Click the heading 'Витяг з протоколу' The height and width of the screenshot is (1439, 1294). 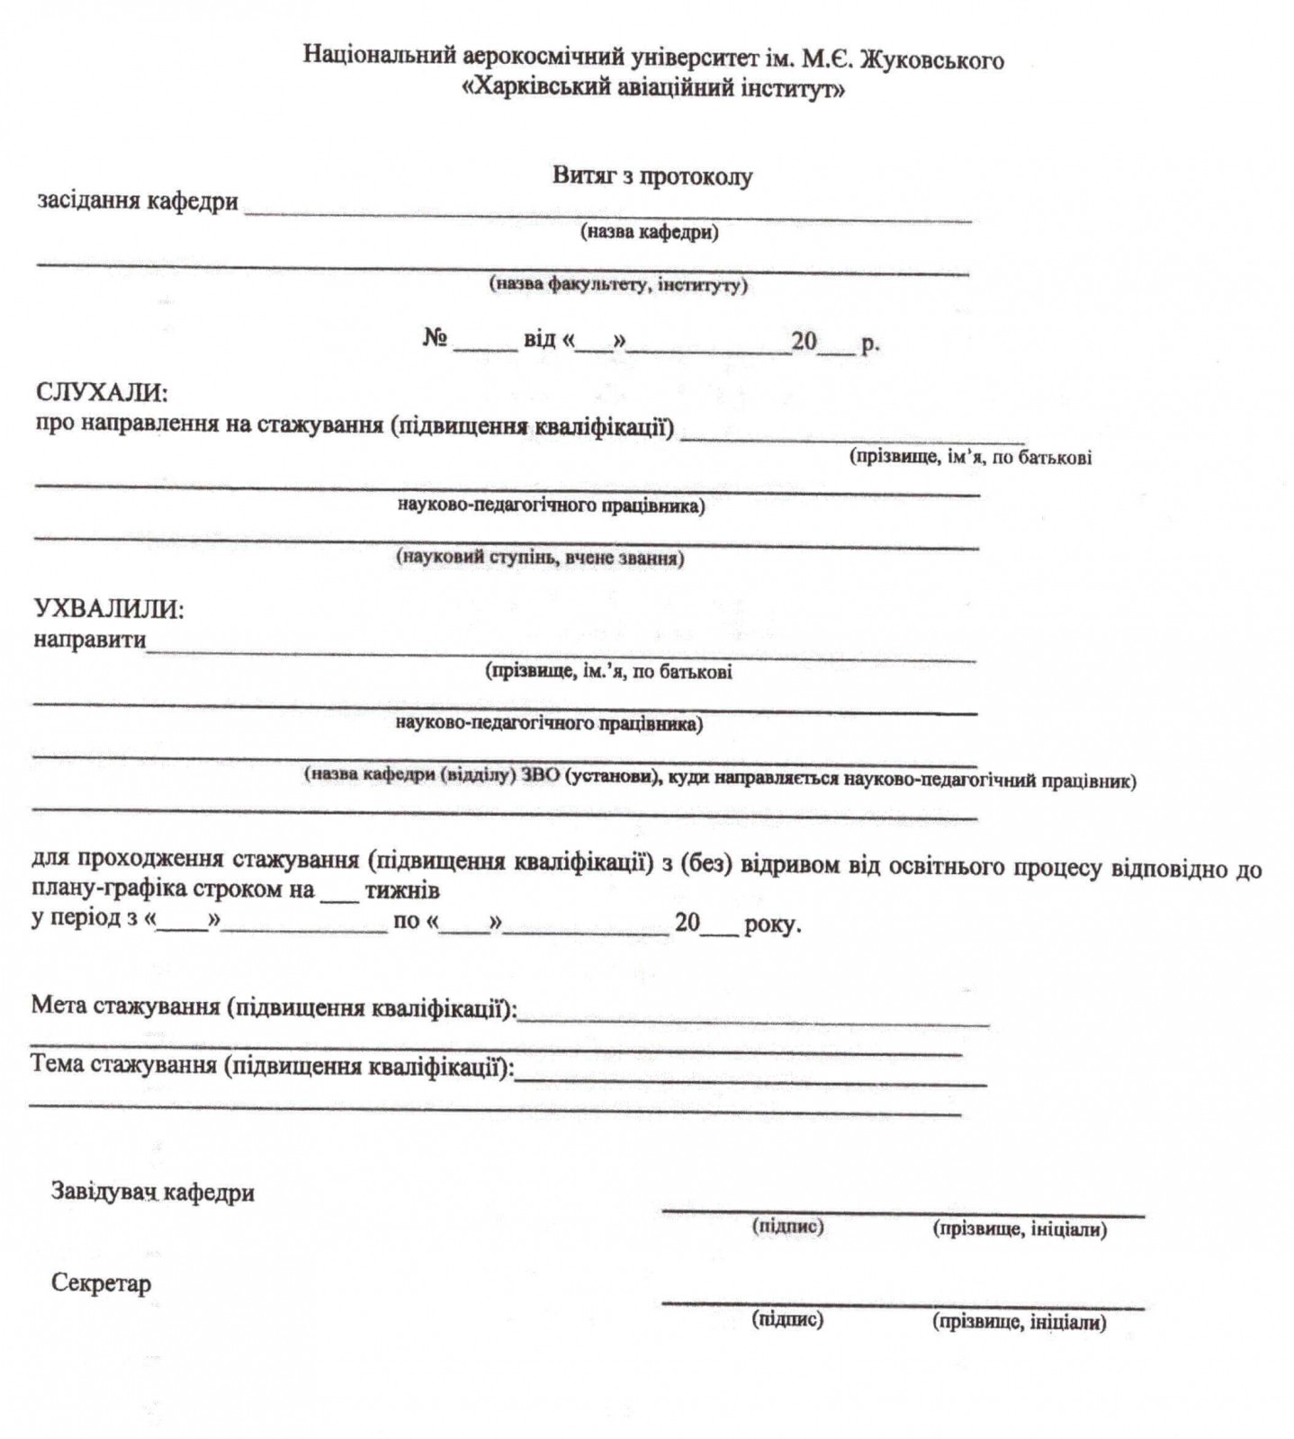pos(651,176)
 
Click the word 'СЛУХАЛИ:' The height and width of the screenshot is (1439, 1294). pos(101,393)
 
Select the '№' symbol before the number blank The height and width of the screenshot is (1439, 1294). pos(436,340)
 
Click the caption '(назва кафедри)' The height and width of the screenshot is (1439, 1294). pos(649,233)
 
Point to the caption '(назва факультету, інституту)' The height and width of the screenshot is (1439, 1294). pos(618,285)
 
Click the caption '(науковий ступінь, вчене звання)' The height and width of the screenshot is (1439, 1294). pos(540,558)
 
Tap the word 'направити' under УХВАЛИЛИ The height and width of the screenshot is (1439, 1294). pos(89,640)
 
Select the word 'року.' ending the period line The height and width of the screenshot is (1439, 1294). pos(772,924)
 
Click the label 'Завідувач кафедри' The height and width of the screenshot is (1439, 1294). pos(152,1193)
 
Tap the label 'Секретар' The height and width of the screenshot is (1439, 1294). pos(101,1283)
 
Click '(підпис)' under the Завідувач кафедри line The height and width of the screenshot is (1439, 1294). pos(787,1226)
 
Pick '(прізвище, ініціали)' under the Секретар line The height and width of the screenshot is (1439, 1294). pos(1020,1322)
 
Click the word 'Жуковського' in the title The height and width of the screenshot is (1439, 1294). pos(932,60)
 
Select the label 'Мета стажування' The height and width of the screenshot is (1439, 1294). pos(125,1006)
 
